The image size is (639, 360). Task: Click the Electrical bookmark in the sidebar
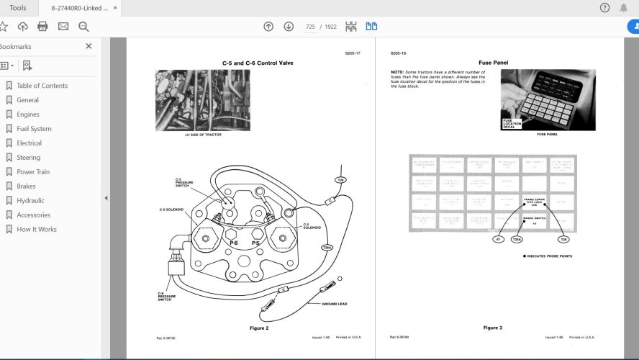(29, 143)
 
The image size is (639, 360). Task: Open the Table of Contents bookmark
(42, 86)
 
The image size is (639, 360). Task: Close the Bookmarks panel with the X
(89, 46)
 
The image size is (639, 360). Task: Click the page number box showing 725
(310, 27)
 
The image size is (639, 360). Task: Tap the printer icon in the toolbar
(42, 27)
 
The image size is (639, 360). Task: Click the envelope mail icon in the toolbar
(63, 27)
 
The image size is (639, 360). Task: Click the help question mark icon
(604, 8)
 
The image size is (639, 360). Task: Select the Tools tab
(18, 8)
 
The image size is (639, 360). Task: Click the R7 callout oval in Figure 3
(497, 239)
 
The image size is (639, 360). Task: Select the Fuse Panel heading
(493, 63)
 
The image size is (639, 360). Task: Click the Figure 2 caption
(258, 328)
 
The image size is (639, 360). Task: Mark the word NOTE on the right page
(397, 73)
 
